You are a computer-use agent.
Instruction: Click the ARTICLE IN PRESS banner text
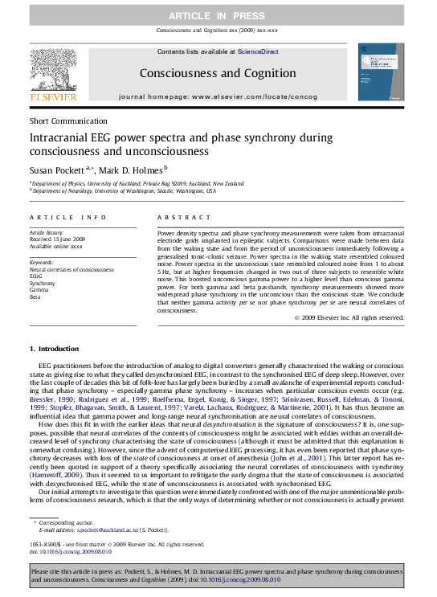tap(218, 16)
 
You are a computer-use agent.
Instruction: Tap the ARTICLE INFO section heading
tap(67, 218)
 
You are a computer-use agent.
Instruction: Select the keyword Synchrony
tap(43, 284)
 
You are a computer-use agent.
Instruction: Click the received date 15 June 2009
tap(60, 239)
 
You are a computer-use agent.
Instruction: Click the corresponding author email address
tap(90, 530)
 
